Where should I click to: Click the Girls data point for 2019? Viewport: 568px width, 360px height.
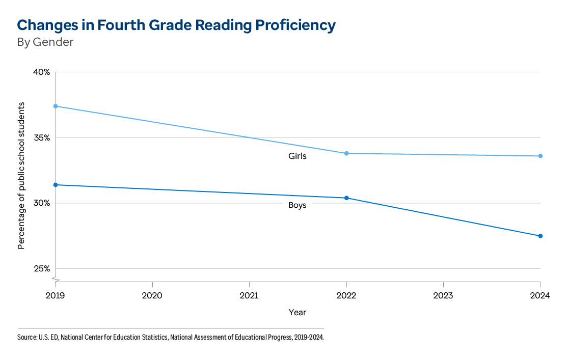point(55,106)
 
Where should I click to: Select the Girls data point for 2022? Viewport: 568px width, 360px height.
point(346,153)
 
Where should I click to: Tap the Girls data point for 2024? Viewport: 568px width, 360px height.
point(540,156)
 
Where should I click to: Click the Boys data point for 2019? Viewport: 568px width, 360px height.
point(55,185)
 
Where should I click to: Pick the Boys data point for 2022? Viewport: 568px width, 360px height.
point(346,198)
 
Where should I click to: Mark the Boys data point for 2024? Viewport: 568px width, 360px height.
point(540,236)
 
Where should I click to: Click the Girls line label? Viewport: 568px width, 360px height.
point(297,156)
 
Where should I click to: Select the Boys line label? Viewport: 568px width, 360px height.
point(297,206)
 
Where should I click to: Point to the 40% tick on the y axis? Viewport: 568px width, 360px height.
point(42,72)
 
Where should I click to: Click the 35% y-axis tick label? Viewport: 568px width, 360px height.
point(42,138)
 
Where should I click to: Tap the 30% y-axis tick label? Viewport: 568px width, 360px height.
point(42,203)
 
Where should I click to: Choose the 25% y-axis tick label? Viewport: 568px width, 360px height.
point(42,269)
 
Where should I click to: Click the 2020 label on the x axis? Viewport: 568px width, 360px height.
point(152,295)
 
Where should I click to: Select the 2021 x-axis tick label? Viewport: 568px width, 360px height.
point(249,295)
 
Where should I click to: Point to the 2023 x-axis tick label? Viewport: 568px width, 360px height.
point(443,295)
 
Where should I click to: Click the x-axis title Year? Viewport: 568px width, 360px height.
point(297,312)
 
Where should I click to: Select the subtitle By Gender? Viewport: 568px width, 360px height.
point(45,42)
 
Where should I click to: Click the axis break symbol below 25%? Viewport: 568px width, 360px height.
point(55,279)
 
